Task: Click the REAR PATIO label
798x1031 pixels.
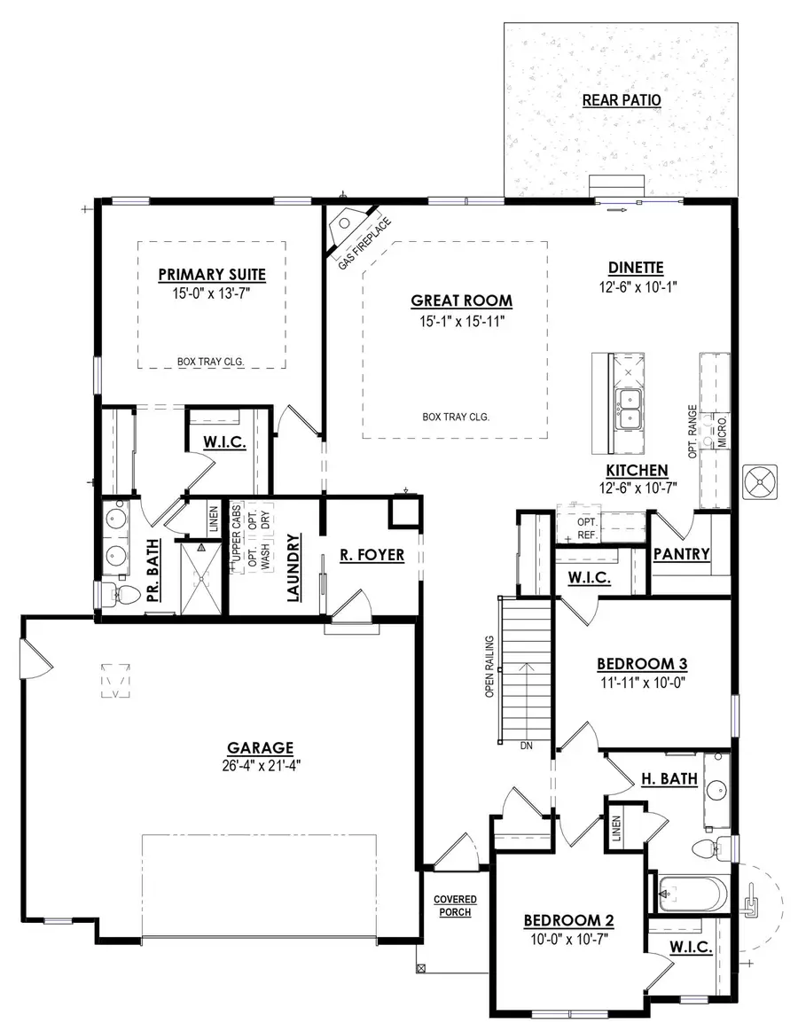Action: [x=621, y=100]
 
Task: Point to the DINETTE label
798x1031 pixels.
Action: [x=636, y=268]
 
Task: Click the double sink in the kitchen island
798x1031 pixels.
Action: [x=630, y=407]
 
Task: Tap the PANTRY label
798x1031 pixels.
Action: [x=681, y=555]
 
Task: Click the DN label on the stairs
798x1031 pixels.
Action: [x=526, y=746]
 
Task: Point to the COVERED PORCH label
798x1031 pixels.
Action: [x=455, y=905]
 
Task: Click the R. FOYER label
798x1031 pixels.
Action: [x=372, y=556]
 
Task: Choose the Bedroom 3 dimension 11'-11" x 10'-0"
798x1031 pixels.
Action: [x=642, y=683]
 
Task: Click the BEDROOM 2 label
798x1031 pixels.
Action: [x=568, y=919]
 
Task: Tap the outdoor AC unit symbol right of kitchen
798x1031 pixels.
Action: [x=761, y=480]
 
